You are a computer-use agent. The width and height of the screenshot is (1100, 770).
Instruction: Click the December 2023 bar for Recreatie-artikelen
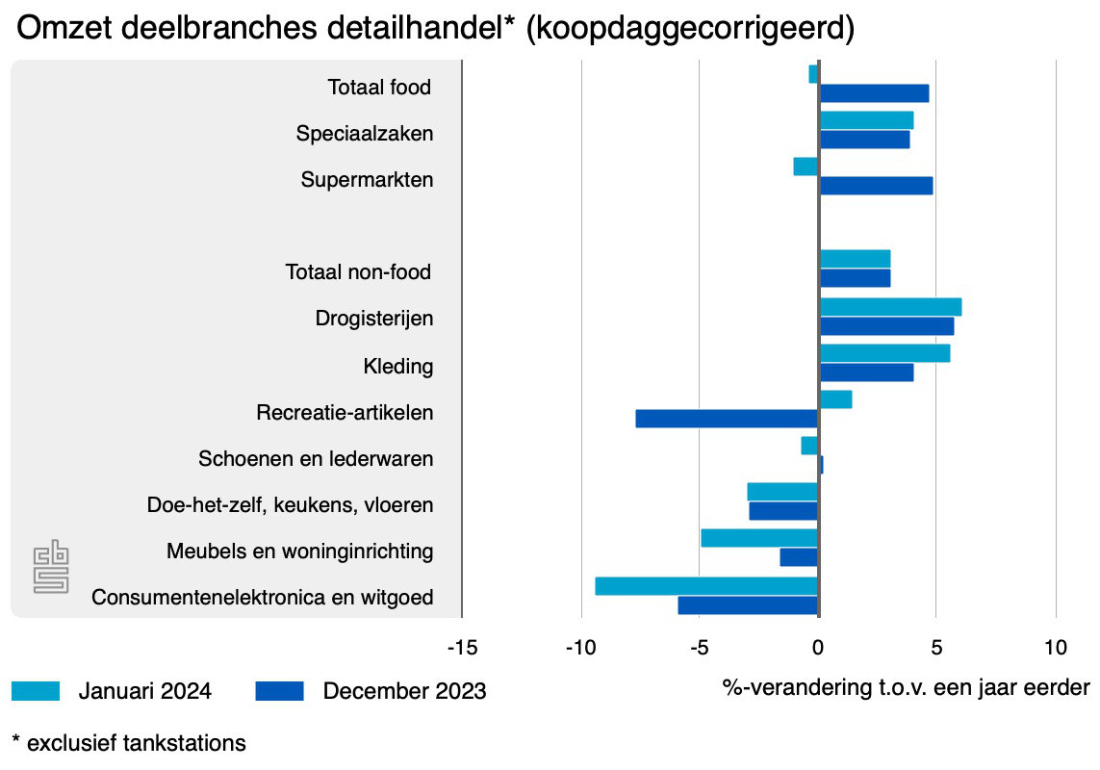tap(727, 419)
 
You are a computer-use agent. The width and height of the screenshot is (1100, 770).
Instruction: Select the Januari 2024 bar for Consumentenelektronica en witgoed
tap(706, 586)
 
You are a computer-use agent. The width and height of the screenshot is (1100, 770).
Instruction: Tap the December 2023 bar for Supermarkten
tap(876, 186)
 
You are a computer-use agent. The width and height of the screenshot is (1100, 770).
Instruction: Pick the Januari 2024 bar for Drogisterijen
tap(890, 307)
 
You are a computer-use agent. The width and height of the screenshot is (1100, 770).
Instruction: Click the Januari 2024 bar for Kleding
tap(884, 353)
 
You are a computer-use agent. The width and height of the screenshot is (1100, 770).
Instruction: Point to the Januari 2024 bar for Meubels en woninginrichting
tap(759, 538)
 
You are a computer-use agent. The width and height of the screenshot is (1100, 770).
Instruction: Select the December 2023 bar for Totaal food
tap(874, 93)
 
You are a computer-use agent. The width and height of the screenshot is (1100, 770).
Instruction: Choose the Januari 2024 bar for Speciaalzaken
tap(866, 120)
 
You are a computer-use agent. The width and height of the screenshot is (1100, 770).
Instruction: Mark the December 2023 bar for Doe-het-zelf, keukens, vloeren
tap(783, 511)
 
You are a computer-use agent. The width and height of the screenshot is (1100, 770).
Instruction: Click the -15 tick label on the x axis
tap(462, 647)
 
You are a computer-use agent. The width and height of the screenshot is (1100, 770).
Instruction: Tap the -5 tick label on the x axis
tap(700, 647)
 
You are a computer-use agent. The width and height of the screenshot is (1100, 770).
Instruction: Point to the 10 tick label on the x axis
tap(1056, 647)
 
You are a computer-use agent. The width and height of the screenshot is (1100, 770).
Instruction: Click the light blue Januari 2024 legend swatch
tap(37, 691)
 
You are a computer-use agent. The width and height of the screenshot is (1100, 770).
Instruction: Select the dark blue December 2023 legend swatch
tap(280, 691)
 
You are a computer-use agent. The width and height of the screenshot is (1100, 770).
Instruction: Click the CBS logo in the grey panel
tap(51, 565)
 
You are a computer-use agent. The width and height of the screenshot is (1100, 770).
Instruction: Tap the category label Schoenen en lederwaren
tap(316, 459)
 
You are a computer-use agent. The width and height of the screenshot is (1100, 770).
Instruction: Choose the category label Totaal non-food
tap(358, 272)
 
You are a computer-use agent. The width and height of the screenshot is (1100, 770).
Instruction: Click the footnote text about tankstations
tap(129, 744)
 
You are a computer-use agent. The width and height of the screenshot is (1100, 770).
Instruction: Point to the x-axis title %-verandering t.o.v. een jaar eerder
tap(906, 688)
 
